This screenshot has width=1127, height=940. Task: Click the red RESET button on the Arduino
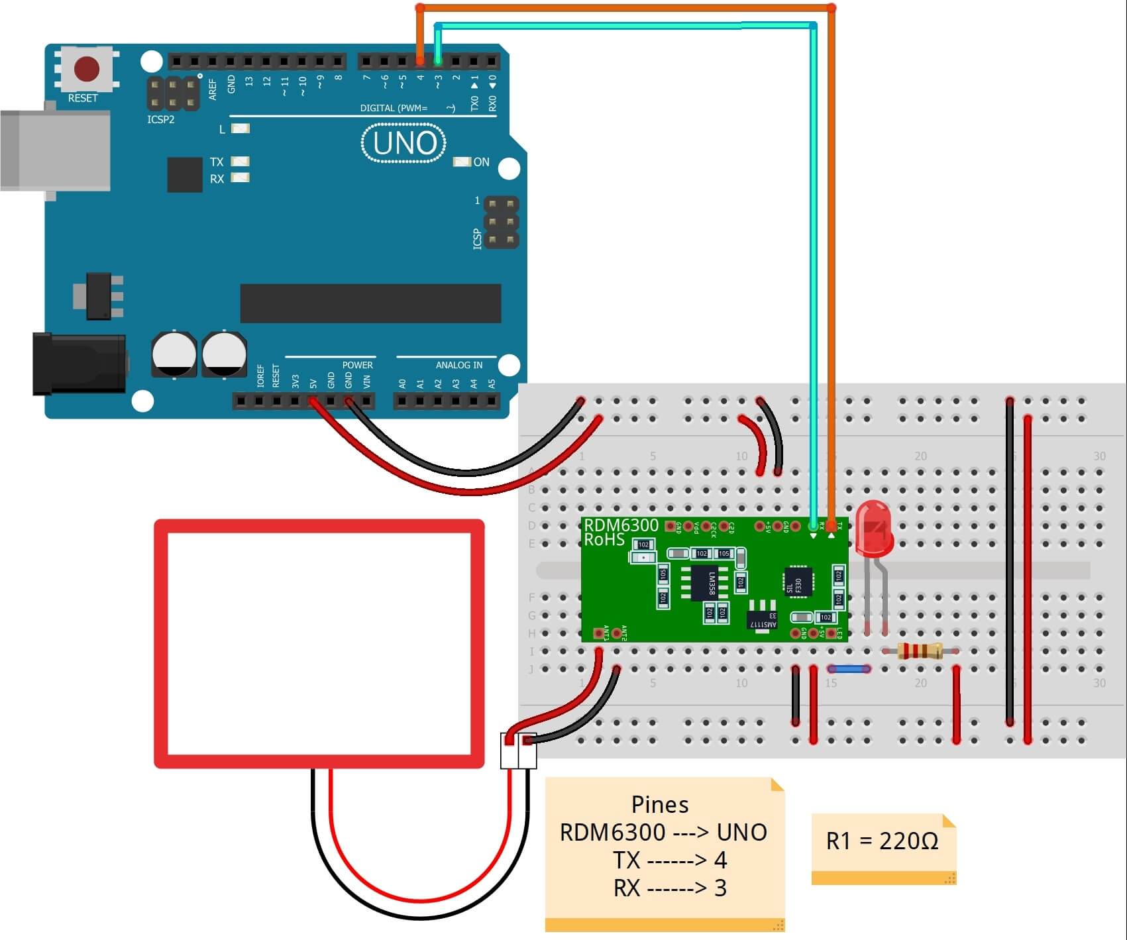(87, 69)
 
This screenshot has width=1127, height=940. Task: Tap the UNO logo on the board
(404, 143)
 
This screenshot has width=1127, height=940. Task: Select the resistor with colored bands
(920, 651)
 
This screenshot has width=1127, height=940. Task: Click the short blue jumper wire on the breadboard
(849, 669)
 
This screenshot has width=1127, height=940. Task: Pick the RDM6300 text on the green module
(621, 525)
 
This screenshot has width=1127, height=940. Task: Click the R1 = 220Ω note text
(882, 841)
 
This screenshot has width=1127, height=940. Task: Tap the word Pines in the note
(660, 804)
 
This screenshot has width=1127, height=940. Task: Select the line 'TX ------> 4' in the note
(670, 860)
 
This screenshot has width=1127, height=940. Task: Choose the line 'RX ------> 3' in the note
(670, 888)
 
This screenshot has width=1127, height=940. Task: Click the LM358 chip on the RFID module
(710, 583)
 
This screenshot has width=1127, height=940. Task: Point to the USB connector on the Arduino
(56, 151)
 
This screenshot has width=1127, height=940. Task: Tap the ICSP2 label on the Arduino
(160, 120)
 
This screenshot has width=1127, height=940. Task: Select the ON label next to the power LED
(481, 162)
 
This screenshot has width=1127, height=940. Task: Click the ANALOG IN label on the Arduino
(458, 365)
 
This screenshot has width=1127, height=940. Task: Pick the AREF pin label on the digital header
(213, 89)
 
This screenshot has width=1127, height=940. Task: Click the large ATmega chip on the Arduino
(370, 303)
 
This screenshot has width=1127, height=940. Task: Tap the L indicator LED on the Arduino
(240, 129)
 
